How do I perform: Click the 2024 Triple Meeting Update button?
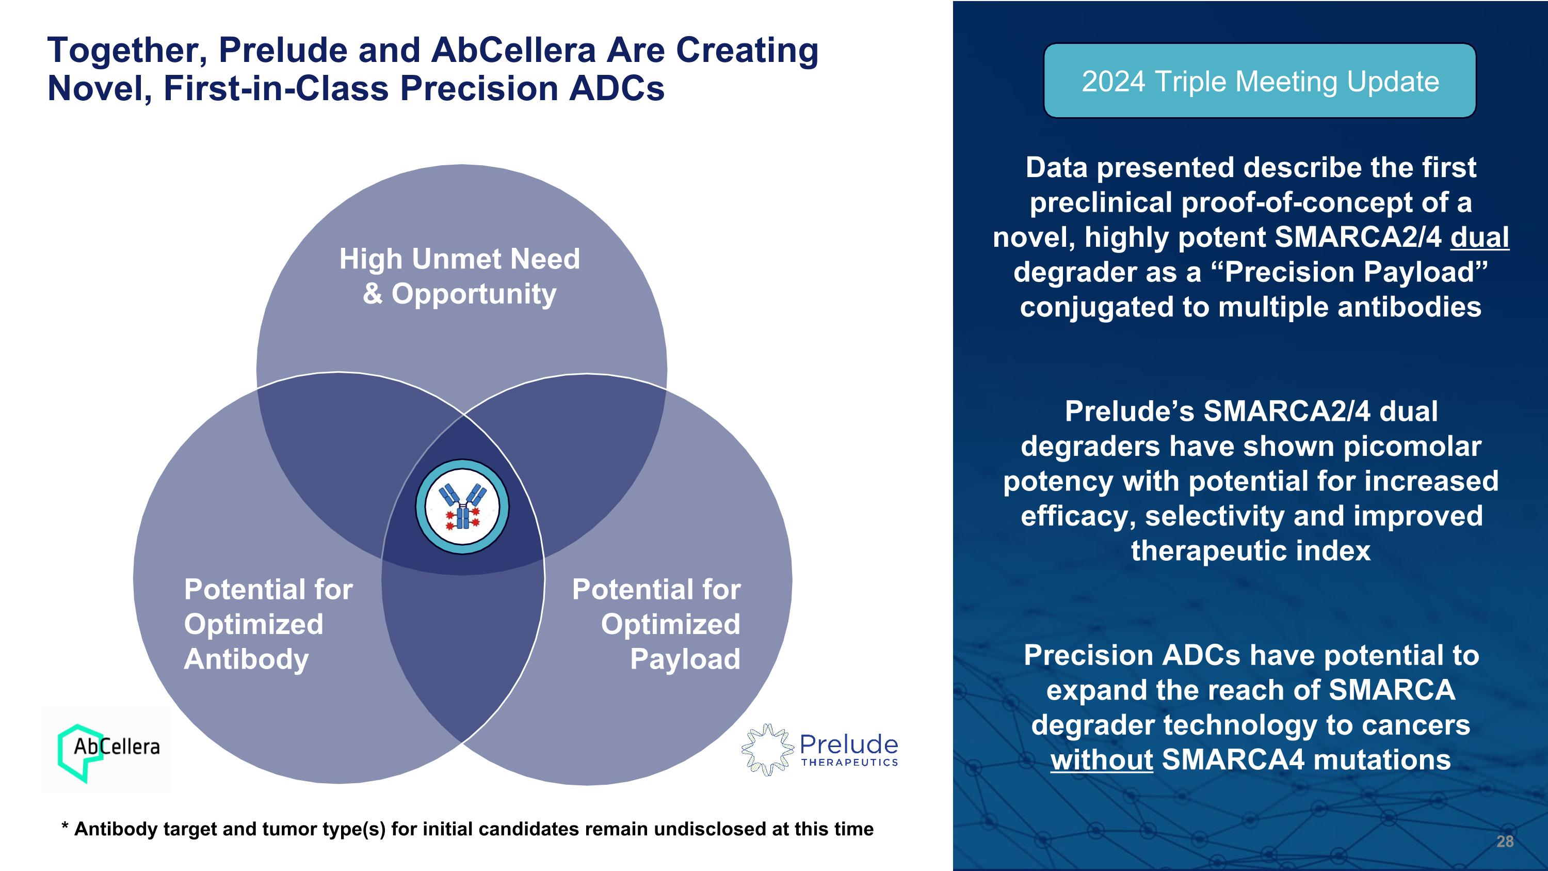pyautogui.click(x=1260, y=81)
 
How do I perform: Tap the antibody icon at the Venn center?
pyautogui.click(x=462, y=506)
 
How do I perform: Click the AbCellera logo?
pyautogui.click(x=107, y=750)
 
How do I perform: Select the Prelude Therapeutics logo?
pyautogui.click(x=820, y=750)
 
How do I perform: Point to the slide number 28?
pyautogui.click(x=1505, y=841)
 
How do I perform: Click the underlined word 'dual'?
pyautogui.click(x=1479, y=237)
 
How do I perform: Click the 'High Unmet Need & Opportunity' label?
pyautogui.click(x=460, y=276)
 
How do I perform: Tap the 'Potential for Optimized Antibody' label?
pyautogui.click(x=268, y=624)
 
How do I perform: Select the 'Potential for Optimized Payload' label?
pyautogui.click(x=656, y=624)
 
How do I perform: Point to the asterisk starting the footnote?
pyautogui.click(x=65, y=826)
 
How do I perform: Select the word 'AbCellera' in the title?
pyautogui.click(x=514, y=50)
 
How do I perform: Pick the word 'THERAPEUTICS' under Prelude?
pyautogui.click(x=850, y=762)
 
